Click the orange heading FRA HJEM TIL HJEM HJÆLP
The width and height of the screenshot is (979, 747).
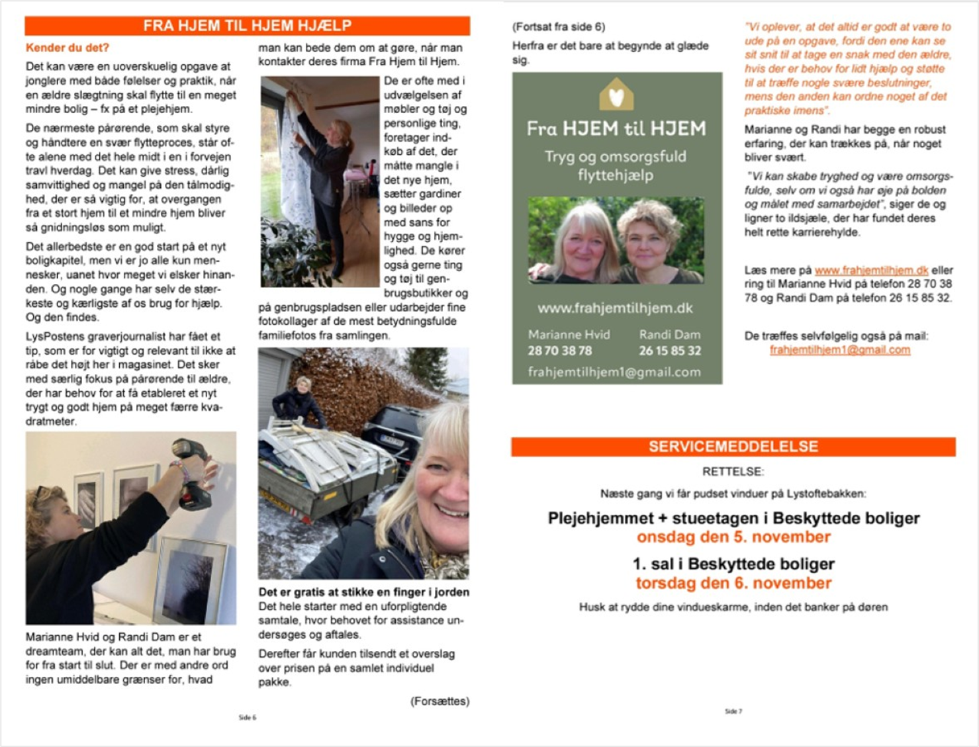[x=247, y=26]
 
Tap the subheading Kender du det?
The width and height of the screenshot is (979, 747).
[x=67, y=48]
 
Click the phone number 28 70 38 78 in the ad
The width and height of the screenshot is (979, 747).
[x=559, y=351]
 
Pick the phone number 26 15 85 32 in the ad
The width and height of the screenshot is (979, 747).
[x=669, y=351]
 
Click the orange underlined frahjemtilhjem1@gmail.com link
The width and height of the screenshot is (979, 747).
[x=839, y=350]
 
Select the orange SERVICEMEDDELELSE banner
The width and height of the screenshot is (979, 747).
[x=733, y=447]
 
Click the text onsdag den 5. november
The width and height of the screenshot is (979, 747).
[x=733, y=537]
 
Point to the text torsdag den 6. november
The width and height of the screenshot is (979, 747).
[x=733, y=583]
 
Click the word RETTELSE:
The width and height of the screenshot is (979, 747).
[x=733, y=472]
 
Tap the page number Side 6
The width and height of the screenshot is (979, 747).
[x=247, y=717]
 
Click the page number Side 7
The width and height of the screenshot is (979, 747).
[x=733, y=711]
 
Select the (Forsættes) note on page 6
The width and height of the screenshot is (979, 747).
[x=440, y=701]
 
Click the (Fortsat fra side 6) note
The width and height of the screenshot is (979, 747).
[x=559, y=27]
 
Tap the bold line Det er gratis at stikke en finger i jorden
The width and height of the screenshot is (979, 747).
[x=363, y=592]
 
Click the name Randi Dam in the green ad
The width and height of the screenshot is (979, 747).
[x=669, y=334]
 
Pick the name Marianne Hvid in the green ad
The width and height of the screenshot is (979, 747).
[x=569, y=334]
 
